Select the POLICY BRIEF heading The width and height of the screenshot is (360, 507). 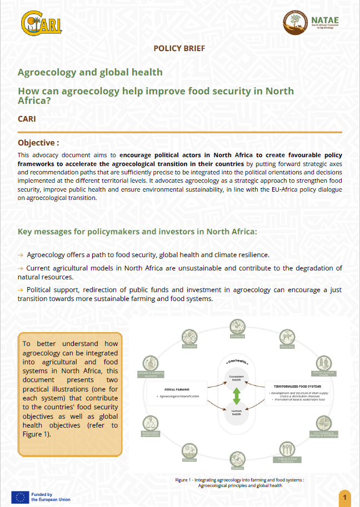pyautogui.click(x=179, y=48)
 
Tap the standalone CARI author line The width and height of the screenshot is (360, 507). pyautogui.click(x=27, y=119)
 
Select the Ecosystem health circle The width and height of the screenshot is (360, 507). pyautogui.click(x=236, y=378)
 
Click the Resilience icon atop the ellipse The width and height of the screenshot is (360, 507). pyautogui.click(x=237, y=327)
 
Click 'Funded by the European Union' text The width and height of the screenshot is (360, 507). pyautogui.click(x=50, y=496)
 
